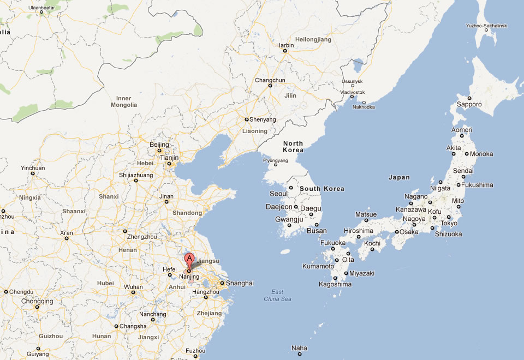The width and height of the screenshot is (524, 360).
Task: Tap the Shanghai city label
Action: point(240,283)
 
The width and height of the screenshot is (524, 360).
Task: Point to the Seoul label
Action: point(278,194)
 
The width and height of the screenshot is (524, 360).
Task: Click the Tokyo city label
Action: point(449,223)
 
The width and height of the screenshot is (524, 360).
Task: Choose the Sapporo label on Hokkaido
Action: point(469,104)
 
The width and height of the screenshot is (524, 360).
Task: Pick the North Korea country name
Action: point(293,147)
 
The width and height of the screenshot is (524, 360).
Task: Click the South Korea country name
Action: point(322,189)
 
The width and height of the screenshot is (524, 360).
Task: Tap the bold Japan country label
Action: point(399,177)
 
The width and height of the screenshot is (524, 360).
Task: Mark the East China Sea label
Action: point(277,295)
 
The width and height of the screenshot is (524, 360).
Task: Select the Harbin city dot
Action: point(284,51)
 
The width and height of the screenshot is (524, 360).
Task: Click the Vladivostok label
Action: point(353,92)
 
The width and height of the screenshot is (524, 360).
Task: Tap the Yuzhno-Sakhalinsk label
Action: point(486,26)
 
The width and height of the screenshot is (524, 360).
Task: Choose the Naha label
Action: point(299,347)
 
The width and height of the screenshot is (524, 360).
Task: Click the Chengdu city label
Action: point(21,292)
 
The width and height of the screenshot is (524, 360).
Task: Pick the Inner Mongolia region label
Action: point(124,101)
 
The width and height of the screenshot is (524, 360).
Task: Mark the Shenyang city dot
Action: point(247,119)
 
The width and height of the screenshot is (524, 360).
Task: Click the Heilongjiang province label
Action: point(313,40)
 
